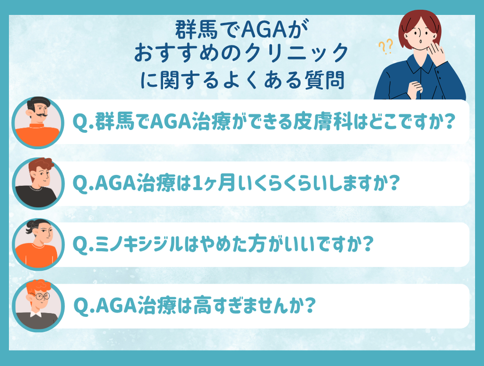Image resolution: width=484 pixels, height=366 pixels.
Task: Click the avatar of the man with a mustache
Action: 38,123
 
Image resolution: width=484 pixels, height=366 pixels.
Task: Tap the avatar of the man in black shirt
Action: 38,183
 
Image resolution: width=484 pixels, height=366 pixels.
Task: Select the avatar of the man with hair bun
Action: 38,244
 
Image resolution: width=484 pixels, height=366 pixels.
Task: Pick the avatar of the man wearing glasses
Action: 38,306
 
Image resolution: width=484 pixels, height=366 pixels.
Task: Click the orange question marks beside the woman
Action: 386,47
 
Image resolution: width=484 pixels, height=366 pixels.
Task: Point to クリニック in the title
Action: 296,53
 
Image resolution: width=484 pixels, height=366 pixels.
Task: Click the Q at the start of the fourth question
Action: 81,306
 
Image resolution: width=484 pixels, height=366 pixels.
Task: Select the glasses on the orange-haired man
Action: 41,296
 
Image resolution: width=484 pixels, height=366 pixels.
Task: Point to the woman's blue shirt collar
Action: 420,65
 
